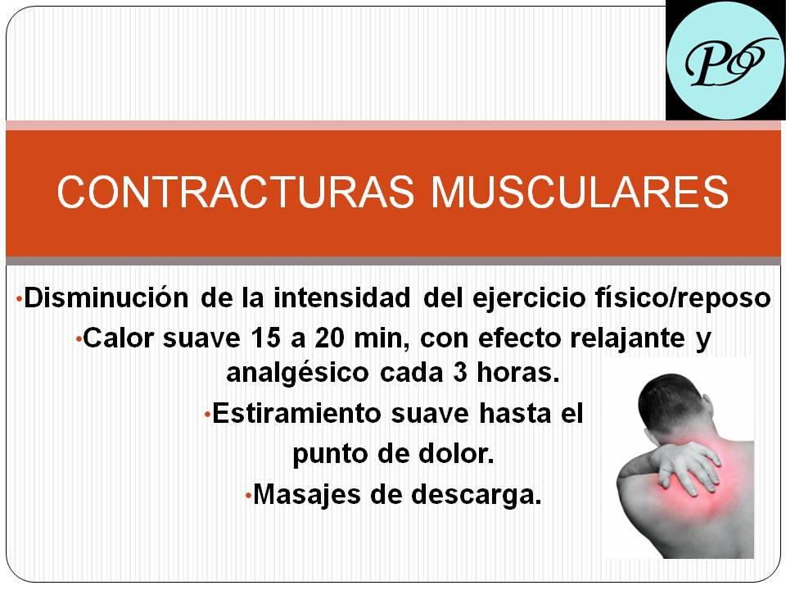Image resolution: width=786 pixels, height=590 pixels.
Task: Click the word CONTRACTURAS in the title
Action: click(236, 191)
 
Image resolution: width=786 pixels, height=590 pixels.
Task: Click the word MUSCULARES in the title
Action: click(580, 191)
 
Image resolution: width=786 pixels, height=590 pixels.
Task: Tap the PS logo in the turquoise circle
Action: click(725, 61)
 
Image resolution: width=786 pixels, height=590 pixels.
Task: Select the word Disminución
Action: click(106, 297)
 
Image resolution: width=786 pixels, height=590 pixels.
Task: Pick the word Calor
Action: click(118, 338)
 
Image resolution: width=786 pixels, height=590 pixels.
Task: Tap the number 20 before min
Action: click(330, 338)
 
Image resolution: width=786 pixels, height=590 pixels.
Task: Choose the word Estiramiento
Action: click(296, 414)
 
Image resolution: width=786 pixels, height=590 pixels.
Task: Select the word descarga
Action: click(477, 495)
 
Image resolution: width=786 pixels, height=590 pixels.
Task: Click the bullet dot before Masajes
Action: click(248, 497)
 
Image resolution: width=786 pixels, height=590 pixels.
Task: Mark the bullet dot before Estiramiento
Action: click(207, 415)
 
